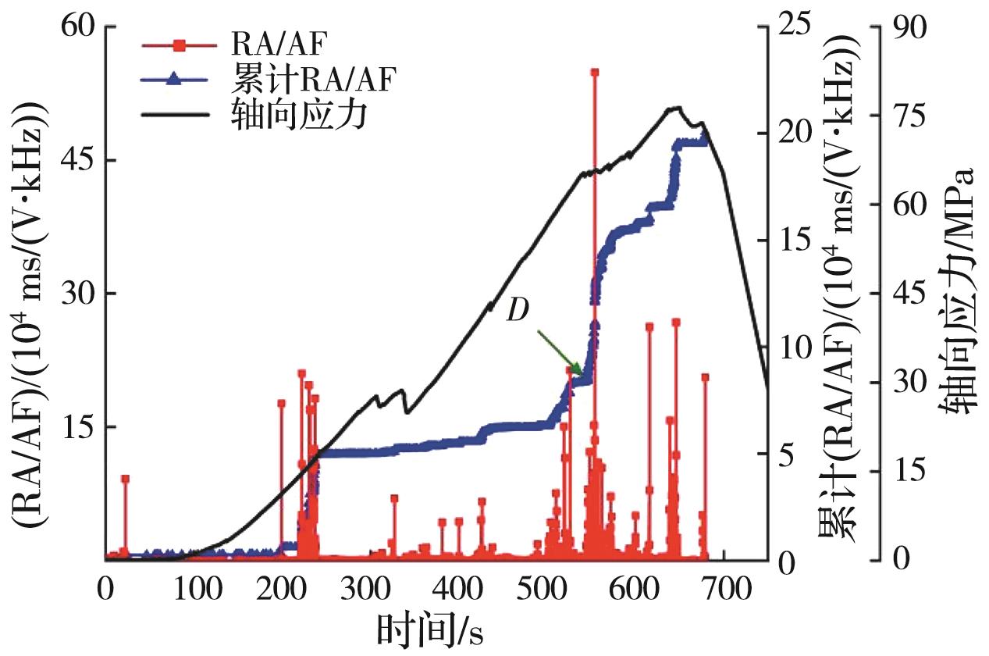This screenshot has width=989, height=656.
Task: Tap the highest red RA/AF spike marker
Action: [594, 73]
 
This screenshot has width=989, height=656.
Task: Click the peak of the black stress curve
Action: [676, 108]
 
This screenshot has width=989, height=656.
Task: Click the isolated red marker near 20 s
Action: [125, 479]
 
